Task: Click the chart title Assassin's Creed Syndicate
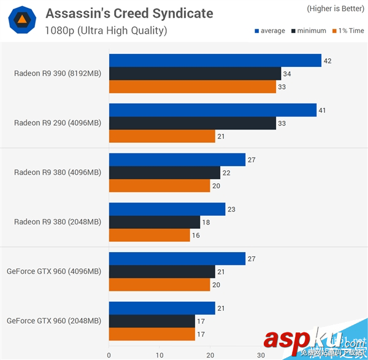point(129,13)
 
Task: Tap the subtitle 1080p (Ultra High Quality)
point(106,30)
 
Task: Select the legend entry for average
point(269,31)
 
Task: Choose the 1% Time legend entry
point(347,31)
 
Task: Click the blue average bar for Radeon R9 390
point(215,61)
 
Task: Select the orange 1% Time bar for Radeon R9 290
point(162,137)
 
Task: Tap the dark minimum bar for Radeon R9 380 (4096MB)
point(164,174)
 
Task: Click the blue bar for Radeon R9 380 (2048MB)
point(167,210)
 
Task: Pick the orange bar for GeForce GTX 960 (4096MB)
point(159,285)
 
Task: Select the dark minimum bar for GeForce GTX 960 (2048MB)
point(151,321)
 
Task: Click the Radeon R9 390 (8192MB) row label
point(58,74)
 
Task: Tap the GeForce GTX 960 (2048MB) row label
point(54,321)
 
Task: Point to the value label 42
point(328,61)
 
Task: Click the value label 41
point(323,110)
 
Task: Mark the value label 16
point(196,236)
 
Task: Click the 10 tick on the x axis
point(159,354)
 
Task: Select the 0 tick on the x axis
point(109,354)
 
